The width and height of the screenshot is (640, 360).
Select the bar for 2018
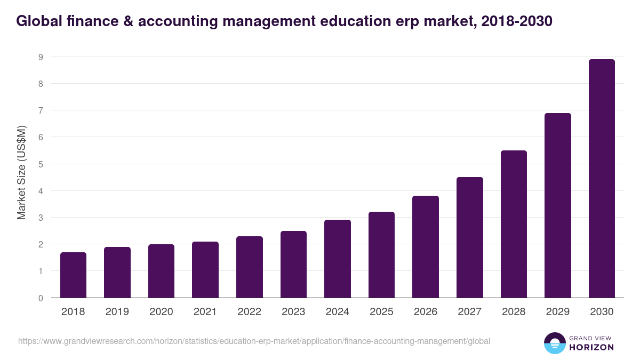(73, 275)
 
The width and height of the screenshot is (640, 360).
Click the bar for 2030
(602, 179)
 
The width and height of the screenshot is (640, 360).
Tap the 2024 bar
(338, 259)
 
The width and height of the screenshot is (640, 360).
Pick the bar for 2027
(470, 237)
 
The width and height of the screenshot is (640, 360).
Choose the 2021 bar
(205, 270)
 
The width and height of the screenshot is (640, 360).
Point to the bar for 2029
(558, 205)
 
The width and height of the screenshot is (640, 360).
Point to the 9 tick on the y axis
(41, 57)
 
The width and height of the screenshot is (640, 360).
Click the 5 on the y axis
(41, 164)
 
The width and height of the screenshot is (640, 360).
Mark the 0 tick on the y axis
(41, 298)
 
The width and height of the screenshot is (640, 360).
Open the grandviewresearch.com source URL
(254, 341)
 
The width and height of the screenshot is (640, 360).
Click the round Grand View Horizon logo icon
(554, 343)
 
